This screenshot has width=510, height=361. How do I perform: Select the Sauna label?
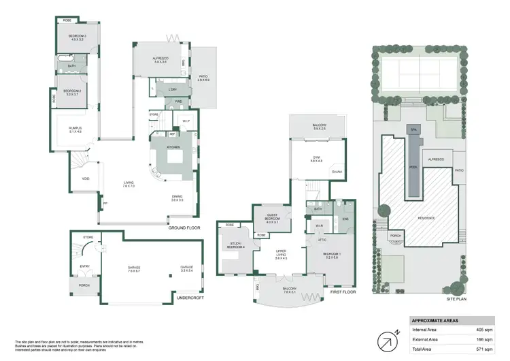(x=337, y=172)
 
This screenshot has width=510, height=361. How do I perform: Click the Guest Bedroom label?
(x=272, y=220)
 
